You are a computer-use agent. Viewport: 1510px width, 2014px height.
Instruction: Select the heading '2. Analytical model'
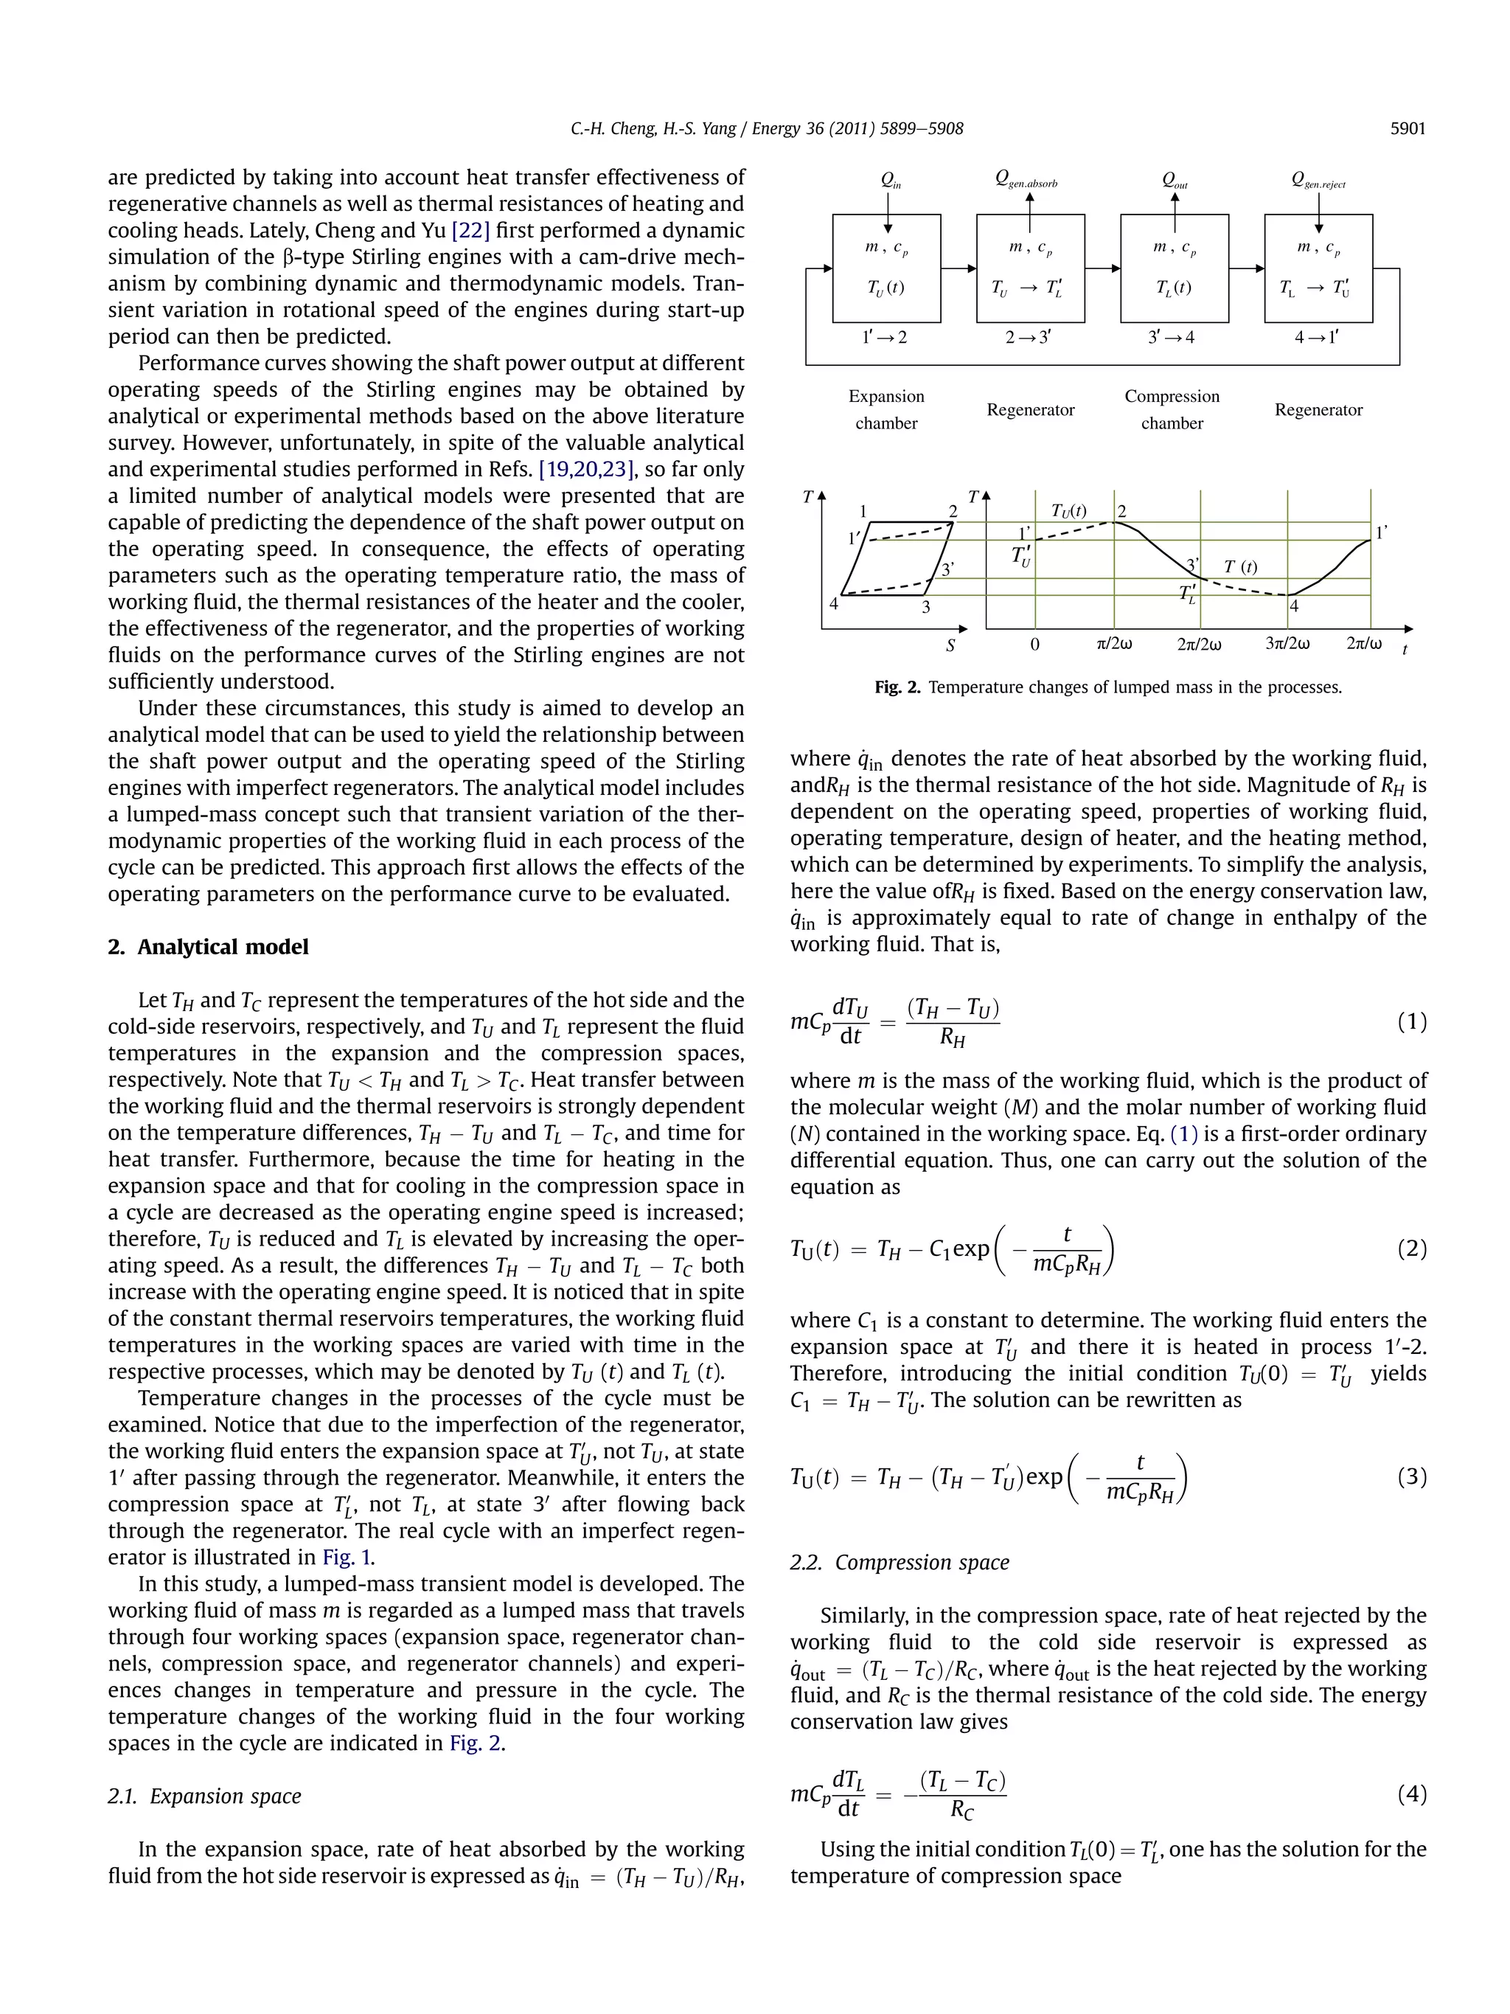209,947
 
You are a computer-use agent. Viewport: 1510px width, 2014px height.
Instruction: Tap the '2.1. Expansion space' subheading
204,1796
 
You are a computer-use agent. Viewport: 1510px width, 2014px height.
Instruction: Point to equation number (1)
1410,1021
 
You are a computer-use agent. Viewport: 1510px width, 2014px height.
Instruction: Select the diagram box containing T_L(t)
1173,268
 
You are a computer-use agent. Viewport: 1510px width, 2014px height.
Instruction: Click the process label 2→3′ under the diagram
1029,338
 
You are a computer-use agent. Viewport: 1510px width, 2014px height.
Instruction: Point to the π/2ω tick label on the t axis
1114,645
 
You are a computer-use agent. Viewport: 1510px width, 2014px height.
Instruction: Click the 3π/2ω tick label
1287,645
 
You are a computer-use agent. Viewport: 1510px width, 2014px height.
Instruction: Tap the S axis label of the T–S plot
950,645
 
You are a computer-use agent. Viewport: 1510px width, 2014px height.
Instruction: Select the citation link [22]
470,230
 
